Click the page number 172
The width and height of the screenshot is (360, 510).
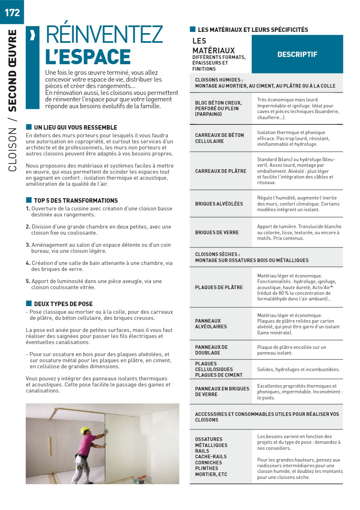tap(12, 12)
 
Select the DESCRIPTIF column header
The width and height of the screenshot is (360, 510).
tap(297, 54)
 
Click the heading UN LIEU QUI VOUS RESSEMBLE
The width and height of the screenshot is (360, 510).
tap(75, 128)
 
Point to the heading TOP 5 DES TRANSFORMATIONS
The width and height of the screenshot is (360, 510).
tap(76, 201)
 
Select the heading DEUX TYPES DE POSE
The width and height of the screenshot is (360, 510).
tap(63, 304)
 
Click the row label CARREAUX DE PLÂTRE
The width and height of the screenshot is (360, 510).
tap(220, 171)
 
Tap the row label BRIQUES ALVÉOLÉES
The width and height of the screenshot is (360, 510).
tap(219, 204)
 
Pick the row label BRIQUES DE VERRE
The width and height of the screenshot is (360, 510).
tap(217, 233)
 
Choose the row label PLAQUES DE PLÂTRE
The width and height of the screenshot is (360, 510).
tap(219, 288)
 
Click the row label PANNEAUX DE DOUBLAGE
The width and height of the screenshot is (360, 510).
tap(211, 350)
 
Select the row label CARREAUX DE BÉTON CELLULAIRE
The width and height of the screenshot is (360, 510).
tap(219, 138)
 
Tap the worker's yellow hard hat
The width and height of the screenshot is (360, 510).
tap(84, 431)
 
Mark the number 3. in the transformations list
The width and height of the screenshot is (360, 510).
tap(28, 245)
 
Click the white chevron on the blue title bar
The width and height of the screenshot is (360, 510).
tap(33, 36)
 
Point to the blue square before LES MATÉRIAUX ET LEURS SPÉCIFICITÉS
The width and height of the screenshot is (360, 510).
tap(193, 29)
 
